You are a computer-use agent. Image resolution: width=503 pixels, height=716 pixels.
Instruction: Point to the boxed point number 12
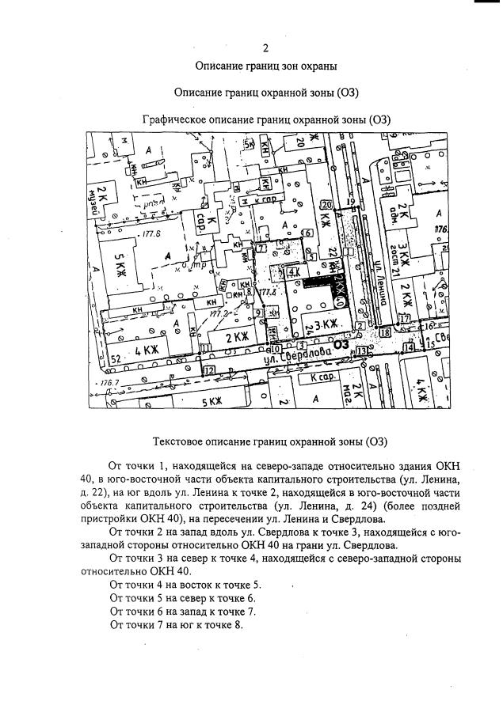[209, 369]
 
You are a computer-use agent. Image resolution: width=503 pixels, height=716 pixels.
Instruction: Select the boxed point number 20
[326, 204]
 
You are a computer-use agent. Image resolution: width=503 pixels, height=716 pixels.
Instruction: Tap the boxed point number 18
[386, 333]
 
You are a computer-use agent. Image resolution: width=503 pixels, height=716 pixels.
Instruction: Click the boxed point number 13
[362, 350]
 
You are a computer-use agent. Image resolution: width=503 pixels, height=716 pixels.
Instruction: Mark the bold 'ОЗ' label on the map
[341, 345]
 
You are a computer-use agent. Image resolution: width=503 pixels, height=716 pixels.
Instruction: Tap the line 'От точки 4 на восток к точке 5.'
[185, 584]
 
